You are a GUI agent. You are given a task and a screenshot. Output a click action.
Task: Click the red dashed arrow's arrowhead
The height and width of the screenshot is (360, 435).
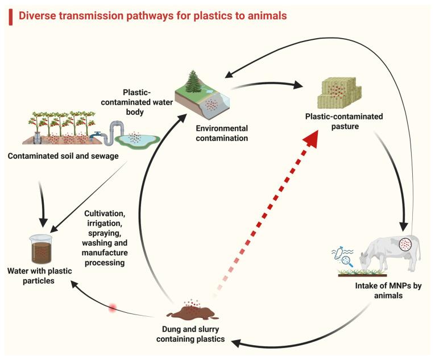tap(311, 140)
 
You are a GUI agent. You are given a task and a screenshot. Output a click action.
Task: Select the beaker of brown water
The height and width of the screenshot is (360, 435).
tap(41, 249)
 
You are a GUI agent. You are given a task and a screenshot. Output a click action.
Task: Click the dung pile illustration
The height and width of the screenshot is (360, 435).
tap(192, 312)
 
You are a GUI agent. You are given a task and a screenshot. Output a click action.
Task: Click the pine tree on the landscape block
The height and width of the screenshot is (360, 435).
tap(194, 81)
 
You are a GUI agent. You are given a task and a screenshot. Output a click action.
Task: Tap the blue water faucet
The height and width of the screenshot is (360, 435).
tap(96, 135)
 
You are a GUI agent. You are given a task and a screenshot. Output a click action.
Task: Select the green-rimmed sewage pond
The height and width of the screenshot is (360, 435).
tap(138, 139)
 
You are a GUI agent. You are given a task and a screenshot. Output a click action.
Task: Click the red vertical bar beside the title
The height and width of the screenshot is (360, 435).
tap(11, 17)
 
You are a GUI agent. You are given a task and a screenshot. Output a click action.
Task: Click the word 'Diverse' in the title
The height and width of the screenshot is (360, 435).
tap(37, 16)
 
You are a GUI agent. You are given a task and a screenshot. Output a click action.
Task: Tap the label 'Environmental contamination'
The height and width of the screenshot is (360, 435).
tap(222, 133)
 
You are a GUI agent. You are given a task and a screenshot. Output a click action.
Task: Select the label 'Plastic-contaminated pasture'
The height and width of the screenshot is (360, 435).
tap(344, 121)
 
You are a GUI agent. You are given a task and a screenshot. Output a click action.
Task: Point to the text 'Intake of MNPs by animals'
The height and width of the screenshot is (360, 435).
tap(388, 290)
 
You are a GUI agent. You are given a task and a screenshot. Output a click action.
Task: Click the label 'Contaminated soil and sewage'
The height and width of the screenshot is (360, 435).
tap(63, 156)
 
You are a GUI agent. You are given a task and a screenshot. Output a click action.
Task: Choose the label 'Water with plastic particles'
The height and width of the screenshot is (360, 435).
tap(39, 276)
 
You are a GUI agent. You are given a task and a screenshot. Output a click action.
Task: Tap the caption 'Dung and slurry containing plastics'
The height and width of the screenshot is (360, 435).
tap(190, 334)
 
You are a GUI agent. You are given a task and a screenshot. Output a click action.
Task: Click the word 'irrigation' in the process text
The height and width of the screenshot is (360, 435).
tap(104, 223)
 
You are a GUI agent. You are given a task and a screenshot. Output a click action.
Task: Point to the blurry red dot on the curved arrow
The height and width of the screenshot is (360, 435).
tap(113, 308)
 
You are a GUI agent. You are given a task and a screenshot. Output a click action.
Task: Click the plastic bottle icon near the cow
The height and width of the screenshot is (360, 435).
tap(338, 253)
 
